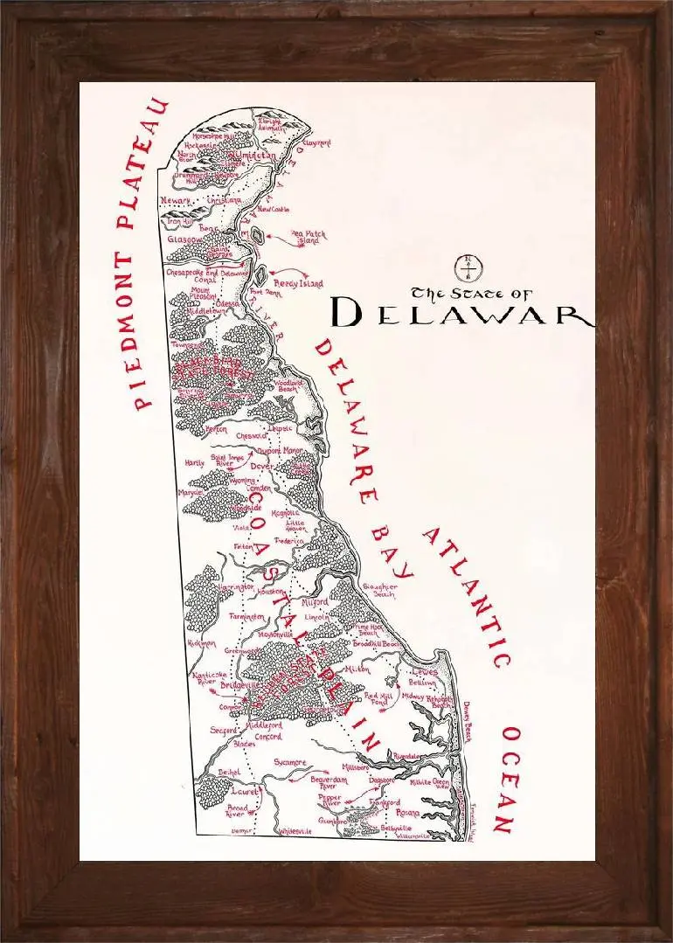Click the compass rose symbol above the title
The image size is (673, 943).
468,263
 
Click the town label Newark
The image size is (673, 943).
176,202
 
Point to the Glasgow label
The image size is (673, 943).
185,239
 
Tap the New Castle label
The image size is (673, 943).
274,210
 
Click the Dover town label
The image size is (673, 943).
262,467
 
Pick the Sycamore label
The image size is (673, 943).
289,762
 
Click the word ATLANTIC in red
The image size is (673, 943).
467,595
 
